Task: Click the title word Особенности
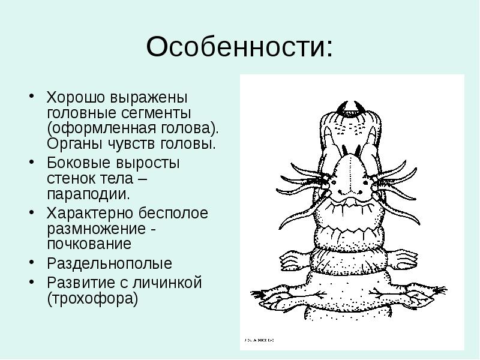239,47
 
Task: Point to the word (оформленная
103,128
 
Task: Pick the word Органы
71,144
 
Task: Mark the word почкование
89,245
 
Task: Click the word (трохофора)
93,298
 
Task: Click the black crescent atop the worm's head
349,109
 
